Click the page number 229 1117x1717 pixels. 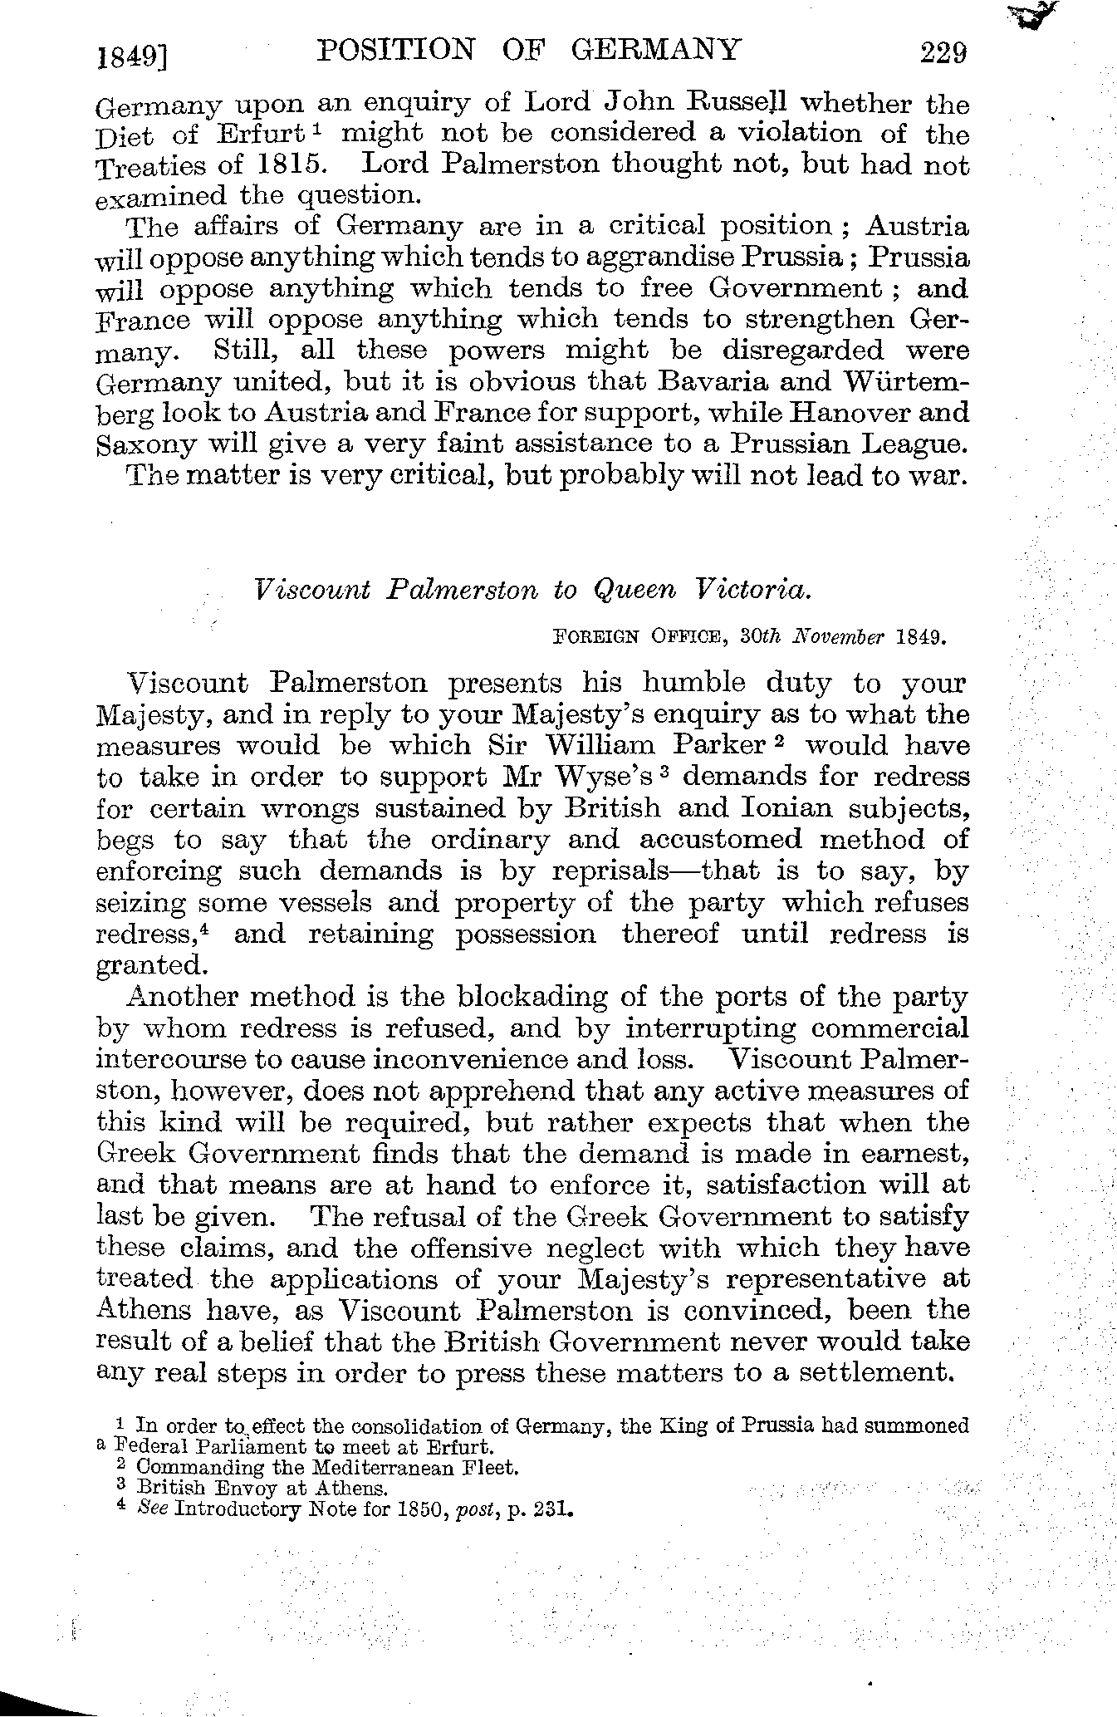943,53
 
